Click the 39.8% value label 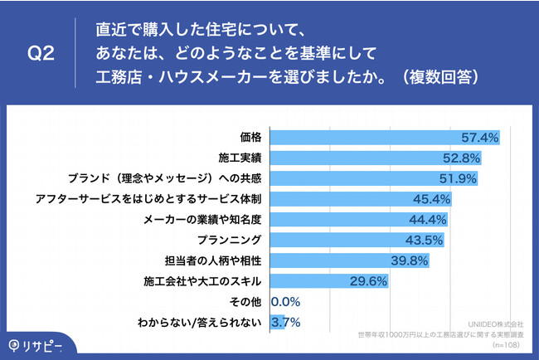coord(408,261)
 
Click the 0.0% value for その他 coord(286,302)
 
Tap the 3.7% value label coord(286,323)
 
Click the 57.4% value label coord(480,137)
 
